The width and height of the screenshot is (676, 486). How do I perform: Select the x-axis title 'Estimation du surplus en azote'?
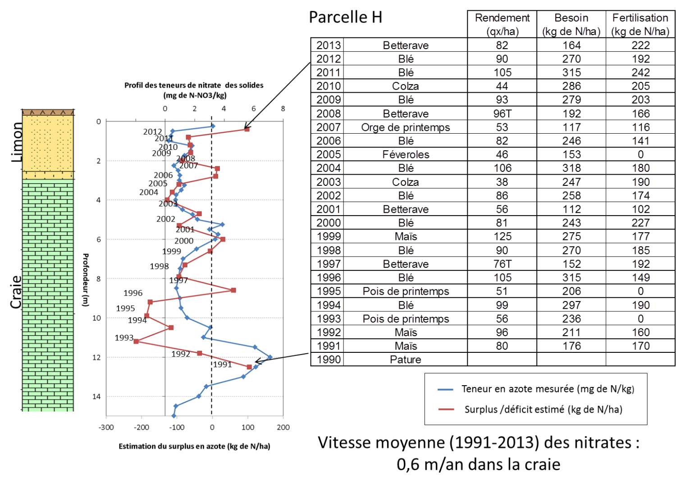[194, 446]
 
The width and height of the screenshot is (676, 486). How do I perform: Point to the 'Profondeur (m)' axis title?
[85, 280]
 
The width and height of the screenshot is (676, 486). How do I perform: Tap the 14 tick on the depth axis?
[96, 396]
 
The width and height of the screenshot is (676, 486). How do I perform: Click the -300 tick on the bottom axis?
[106, 427]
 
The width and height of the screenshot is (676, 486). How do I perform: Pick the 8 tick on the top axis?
[283, 109]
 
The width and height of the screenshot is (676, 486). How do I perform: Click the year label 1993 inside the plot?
[124, 337]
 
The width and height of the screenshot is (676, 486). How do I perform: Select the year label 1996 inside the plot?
[133, 293]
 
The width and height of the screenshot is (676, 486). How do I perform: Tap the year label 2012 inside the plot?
[152, 132]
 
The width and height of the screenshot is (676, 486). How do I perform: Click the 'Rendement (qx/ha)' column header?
[502, 24]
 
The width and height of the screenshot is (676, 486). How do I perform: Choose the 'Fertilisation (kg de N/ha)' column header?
[640, 24]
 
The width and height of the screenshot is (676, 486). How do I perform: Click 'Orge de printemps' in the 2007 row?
[406, 127]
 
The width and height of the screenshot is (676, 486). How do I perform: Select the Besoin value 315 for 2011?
[571, 72]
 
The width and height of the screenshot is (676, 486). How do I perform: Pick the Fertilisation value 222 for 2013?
[640, 45]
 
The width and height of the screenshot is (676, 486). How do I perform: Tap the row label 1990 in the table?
[329, 360]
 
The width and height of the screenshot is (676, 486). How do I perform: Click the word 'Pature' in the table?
[406, 360]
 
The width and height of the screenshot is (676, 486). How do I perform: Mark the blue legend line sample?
[446, 389]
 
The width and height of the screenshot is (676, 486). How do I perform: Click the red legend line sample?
[446, 409]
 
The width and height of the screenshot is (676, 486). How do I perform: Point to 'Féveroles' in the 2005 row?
[406, 155]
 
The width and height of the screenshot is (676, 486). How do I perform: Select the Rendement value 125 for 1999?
[502, 237]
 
